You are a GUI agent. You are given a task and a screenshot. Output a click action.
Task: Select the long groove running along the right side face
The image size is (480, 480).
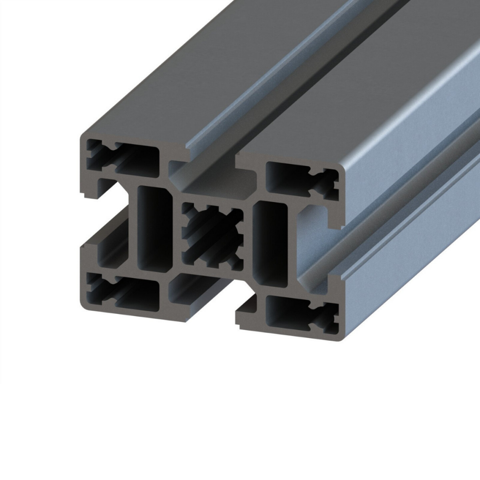[x=398, y=211]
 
